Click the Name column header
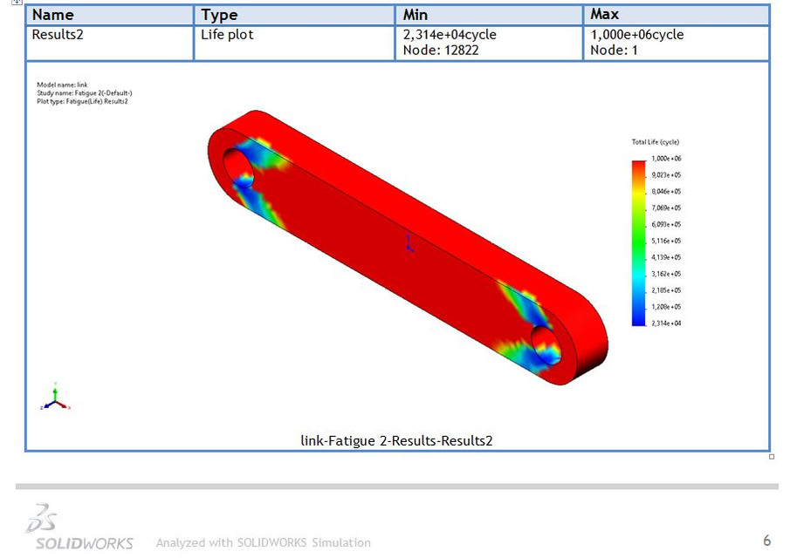point(53,15)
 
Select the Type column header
point(220,15)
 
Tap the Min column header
point(416,15)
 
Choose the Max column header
point(605,15)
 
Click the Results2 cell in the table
point(58,35)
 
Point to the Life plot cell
point(230,35)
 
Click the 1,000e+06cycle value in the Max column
point(636,35)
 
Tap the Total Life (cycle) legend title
point(655,142)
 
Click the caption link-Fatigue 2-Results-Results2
point(396,441)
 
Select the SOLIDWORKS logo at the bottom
point(79,528)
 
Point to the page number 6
point(766,541)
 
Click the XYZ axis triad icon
point(55,399)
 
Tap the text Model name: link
point(62,85)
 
